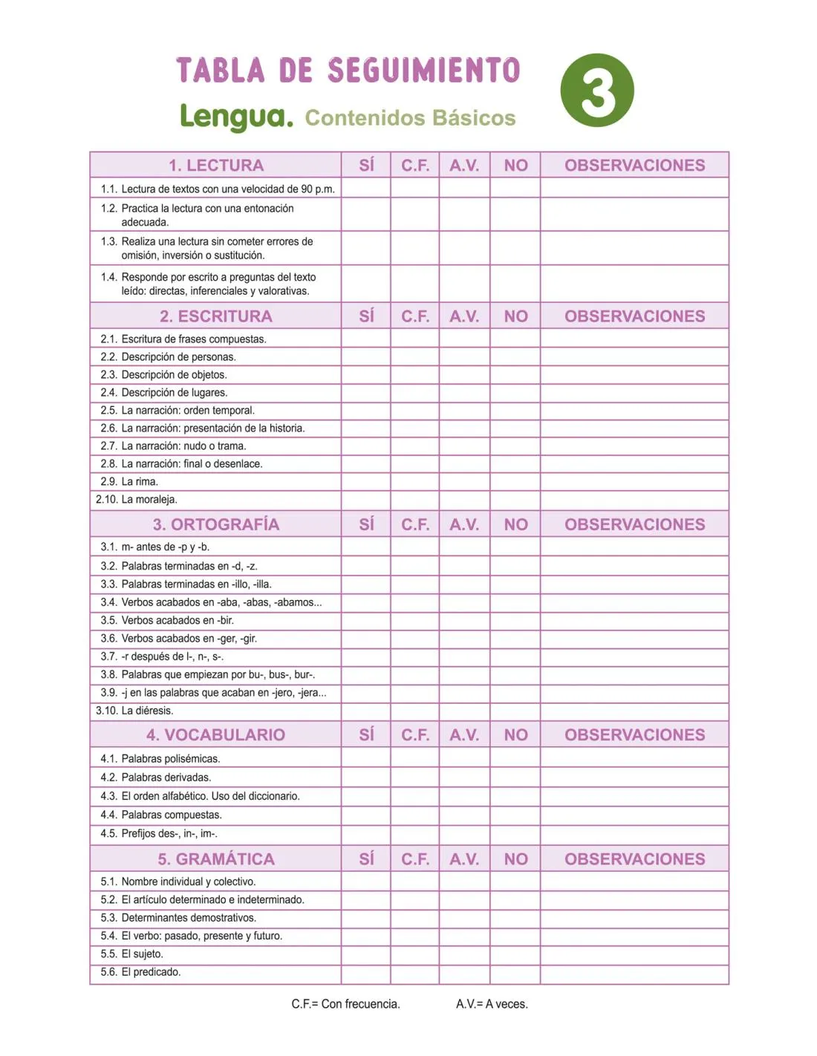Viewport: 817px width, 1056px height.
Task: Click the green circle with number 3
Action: pos(597,90)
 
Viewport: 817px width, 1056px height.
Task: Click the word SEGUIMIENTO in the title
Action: pos(423,71)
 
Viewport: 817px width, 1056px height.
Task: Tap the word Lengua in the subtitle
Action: pos(236,117)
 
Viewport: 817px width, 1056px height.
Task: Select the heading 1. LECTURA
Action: pos(215,165)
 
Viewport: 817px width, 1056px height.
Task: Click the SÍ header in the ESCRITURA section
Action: pos(366,316)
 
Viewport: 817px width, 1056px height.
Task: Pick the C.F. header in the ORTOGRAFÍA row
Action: pos(415,524)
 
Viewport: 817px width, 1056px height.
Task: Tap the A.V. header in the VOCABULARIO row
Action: pos(464,734)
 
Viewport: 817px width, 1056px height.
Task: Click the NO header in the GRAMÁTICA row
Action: pos(515,859)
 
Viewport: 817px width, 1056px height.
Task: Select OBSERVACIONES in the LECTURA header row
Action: pos(634,165)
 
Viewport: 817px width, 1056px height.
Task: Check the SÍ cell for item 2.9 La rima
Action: pos(366,481)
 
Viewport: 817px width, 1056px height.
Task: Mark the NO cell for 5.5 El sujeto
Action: pos(515,954)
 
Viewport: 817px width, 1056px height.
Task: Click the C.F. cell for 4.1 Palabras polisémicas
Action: pos(415,757)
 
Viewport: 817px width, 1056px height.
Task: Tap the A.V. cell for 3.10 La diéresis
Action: pos(464,711)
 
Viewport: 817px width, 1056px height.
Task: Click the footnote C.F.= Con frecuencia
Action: pos(345,1004)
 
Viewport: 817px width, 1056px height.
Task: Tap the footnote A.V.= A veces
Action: pos(492,1004)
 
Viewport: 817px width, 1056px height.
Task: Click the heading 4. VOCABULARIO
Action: pos(215,734)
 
